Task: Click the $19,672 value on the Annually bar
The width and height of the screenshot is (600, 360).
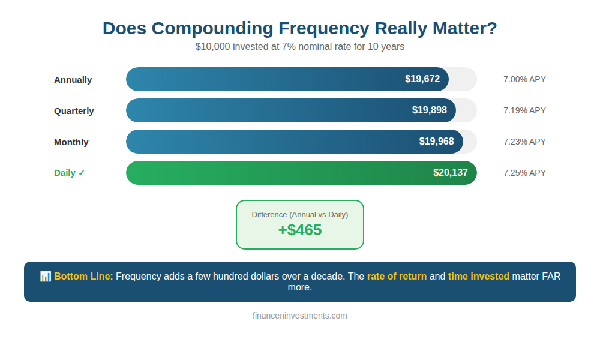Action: (422, 79)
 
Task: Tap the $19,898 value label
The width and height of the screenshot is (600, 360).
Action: (430, 110)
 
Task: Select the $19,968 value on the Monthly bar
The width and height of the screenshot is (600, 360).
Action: (437, 142)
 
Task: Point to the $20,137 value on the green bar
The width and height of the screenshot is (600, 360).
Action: (451, 173)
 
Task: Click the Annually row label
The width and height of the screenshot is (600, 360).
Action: (73, 80)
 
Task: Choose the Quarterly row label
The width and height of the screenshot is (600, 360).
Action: (74, 111)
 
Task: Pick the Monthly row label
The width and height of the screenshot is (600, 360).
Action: (71, 142)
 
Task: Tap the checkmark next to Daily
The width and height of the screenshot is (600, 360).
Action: (82, 173)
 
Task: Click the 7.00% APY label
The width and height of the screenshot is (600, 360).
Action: (524, 79)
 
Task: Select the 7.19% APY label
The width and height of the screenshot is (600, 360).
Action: (524, 110)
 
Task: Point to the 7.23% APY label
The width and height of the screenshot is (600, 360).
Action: (524, 142)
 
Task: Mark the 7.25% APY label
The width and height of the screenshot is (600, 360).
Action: (524, 173)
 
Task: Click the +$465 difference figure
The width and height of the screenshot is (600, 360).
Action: (300, 230)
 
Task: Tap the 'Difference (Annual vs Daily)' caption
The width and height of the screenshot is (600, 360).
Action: (300, 214)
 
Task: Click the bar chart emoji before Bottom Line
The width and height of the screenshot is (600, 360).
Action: (46, 277)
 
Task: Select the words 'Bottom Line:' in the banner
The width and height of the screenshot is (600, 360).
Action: (83, 277)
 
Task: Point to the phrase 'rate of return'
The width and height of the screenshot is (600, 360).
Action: (397, 277)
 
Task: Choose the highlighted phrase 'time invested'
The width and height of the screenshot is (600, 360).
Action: (479, 277)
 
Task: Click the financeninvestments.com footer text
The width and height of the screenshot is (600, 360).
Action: (300, 316)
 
